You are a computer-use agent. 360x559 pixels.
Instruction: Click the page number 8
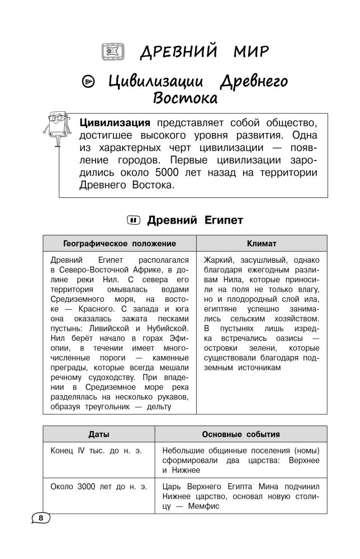[41, 518]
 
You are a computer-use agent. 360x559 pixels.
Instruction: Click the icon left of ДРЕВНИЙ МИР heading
[110, 53]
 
